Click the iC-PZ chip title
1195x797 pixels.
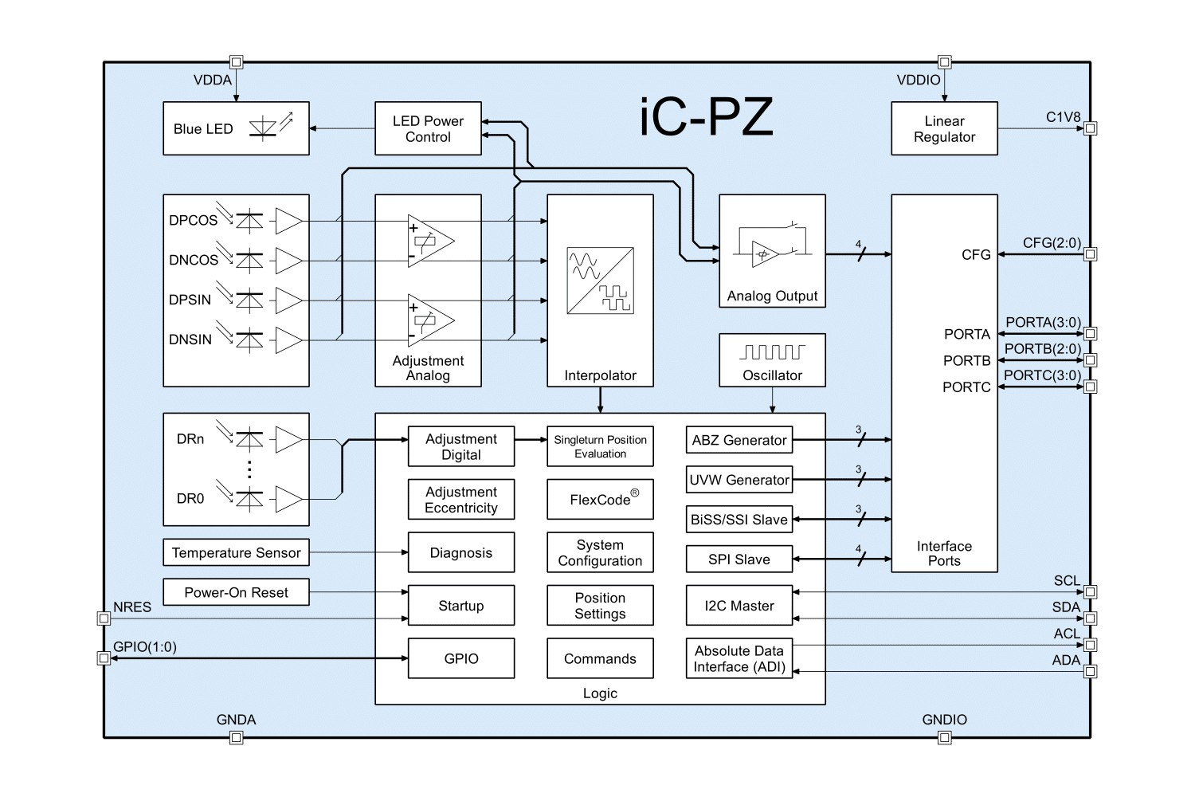coord(706,118)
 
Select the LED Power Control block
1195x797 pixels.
coord(428,128)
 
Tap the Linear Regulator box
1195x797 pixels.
coord(944,128)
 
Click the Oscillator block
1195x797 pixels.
coord(772,360)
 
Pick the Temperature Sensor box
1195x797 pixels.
coord(236,552)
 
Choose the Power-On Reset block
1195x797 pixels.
coord(236,592)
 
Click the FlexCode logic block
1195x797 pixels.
coord(600,500)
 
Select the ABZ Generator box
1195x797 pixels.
coord(739,440)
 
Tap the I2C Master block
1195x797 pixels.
coord(739,606)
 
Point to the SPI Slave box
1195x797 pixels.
coord(739,559)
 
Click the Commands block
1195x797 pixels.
coord(600,659)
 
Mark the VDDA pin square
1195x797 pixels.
coord(236,62)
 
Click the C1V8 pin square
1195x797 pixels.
coord(1091,128)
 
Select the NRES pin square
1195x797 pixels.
coord(103,618)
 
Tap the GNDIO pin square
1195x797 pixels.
coord(944,738)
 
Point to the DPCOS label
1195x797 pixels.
coord(193,221)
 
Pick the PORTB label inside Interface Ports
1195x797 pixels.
coord(966,361)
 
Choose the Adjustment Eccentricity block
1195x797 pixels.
coord(460,500)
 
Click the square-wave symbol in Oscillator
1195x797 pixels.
coord(772,351)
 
